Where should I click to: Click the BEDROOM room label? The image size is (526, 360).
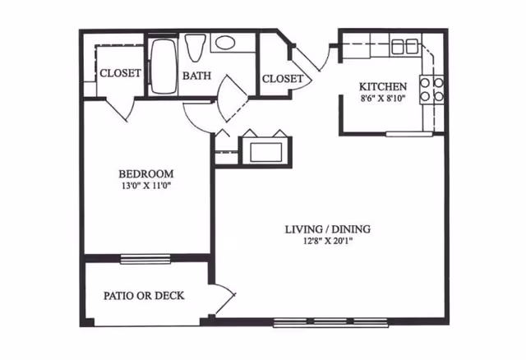pos(146,173)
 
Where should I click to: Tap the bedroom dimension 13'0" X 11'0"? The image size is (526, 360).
pos(146,186)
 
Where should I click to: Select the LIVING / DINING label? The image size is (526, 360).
pos(328,229)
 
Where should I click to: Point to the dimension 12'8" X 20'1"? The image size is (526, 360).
pos(328,241)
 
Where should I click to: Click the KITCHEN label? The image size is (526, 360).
pos(383,86)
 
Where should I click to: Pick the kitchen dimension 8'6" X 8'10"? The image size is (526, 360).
pos(383,99)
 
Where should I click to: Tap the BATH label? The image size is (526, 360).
pos(197,76)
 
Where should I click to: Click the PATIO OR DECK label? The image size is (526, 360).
pos(144,296)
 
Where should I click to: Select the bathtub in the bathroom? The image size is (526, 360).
pos(163,67)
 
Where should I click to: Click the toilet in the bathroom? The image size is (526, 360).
pos(195,48)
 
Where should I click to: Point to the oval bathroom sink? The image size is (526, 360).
pos(225,43)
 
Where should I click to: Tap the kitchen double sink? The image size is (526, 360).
pos(404,47)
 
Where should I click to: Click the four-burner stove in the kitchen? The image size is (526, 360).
pos(431,90)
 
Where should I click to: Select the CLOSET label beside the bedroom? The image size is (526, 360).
pos(121,73)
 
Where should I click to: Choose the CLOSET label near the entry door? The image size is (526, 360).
pos(283,79)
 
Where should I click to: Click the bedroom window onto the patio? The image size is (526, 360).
pos(145,259)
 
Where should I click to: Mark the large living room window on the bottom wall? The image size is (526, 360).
pos(330,322)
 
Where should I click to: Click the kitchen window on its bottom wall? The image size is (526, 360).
pos(409,134)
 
